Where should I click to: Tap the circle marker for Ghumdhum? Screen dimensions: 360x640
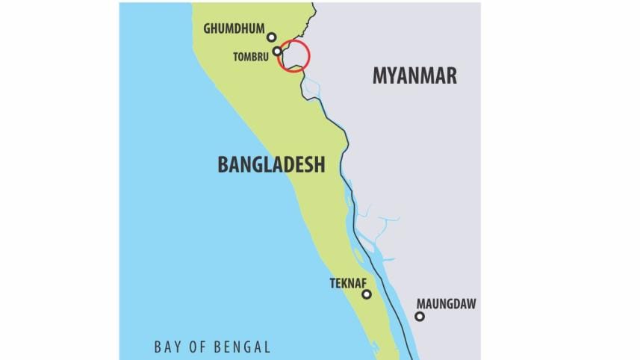[272, 37]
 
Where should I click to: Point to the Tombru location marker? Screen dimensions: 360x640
[277, 52]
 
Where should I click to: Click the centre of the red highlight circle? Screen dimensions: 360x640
[293, 56]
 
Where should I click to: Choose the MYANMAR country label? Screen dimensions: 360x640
[414, 75]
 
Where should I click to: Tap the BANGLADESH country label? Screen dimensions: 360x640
[271, 164]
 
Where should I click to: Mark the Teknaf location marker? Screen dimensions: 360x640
[367, 294]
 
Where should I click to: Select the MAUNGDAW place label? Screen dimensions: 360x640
[446, 304]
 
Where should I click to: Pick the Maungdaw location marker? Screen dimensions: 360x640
[420, 317]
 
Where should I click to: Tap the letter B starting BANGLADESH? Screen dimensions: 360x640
[223, 164]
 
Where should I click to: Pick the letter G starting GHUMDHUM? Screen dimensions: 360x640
[208, 29]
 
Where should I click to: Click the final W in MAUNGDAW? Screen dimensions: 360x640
[470, 304]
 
